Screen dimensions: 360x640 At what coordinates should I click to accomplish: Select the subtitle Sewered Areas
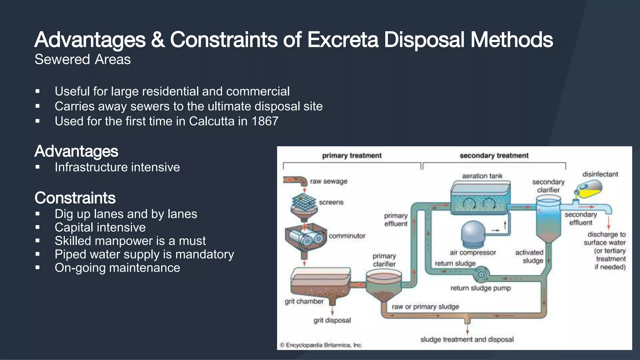[82, 59]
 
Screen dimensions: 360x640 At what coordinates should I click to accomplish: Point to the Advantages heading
[76, 151]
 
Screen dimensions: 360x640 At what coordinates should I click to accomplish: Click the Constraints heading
[75, 198]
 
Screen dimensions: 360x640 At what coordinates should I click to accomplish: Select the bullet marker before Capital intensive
[37, 227]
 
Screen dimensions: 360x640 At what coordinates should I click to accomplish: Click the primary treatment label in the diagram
[352, 156]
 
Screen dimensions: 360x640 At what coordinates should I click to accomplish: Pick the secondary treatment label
[494, 156]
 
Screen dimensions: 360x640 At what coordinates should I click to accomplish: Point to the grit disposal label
[332, 320]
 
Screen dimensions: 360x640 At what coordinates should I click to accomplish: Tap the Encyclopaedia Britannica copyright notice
[321, 345]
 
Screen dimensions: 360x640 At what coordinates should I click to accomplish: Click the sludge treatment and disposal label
[467, 339]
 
